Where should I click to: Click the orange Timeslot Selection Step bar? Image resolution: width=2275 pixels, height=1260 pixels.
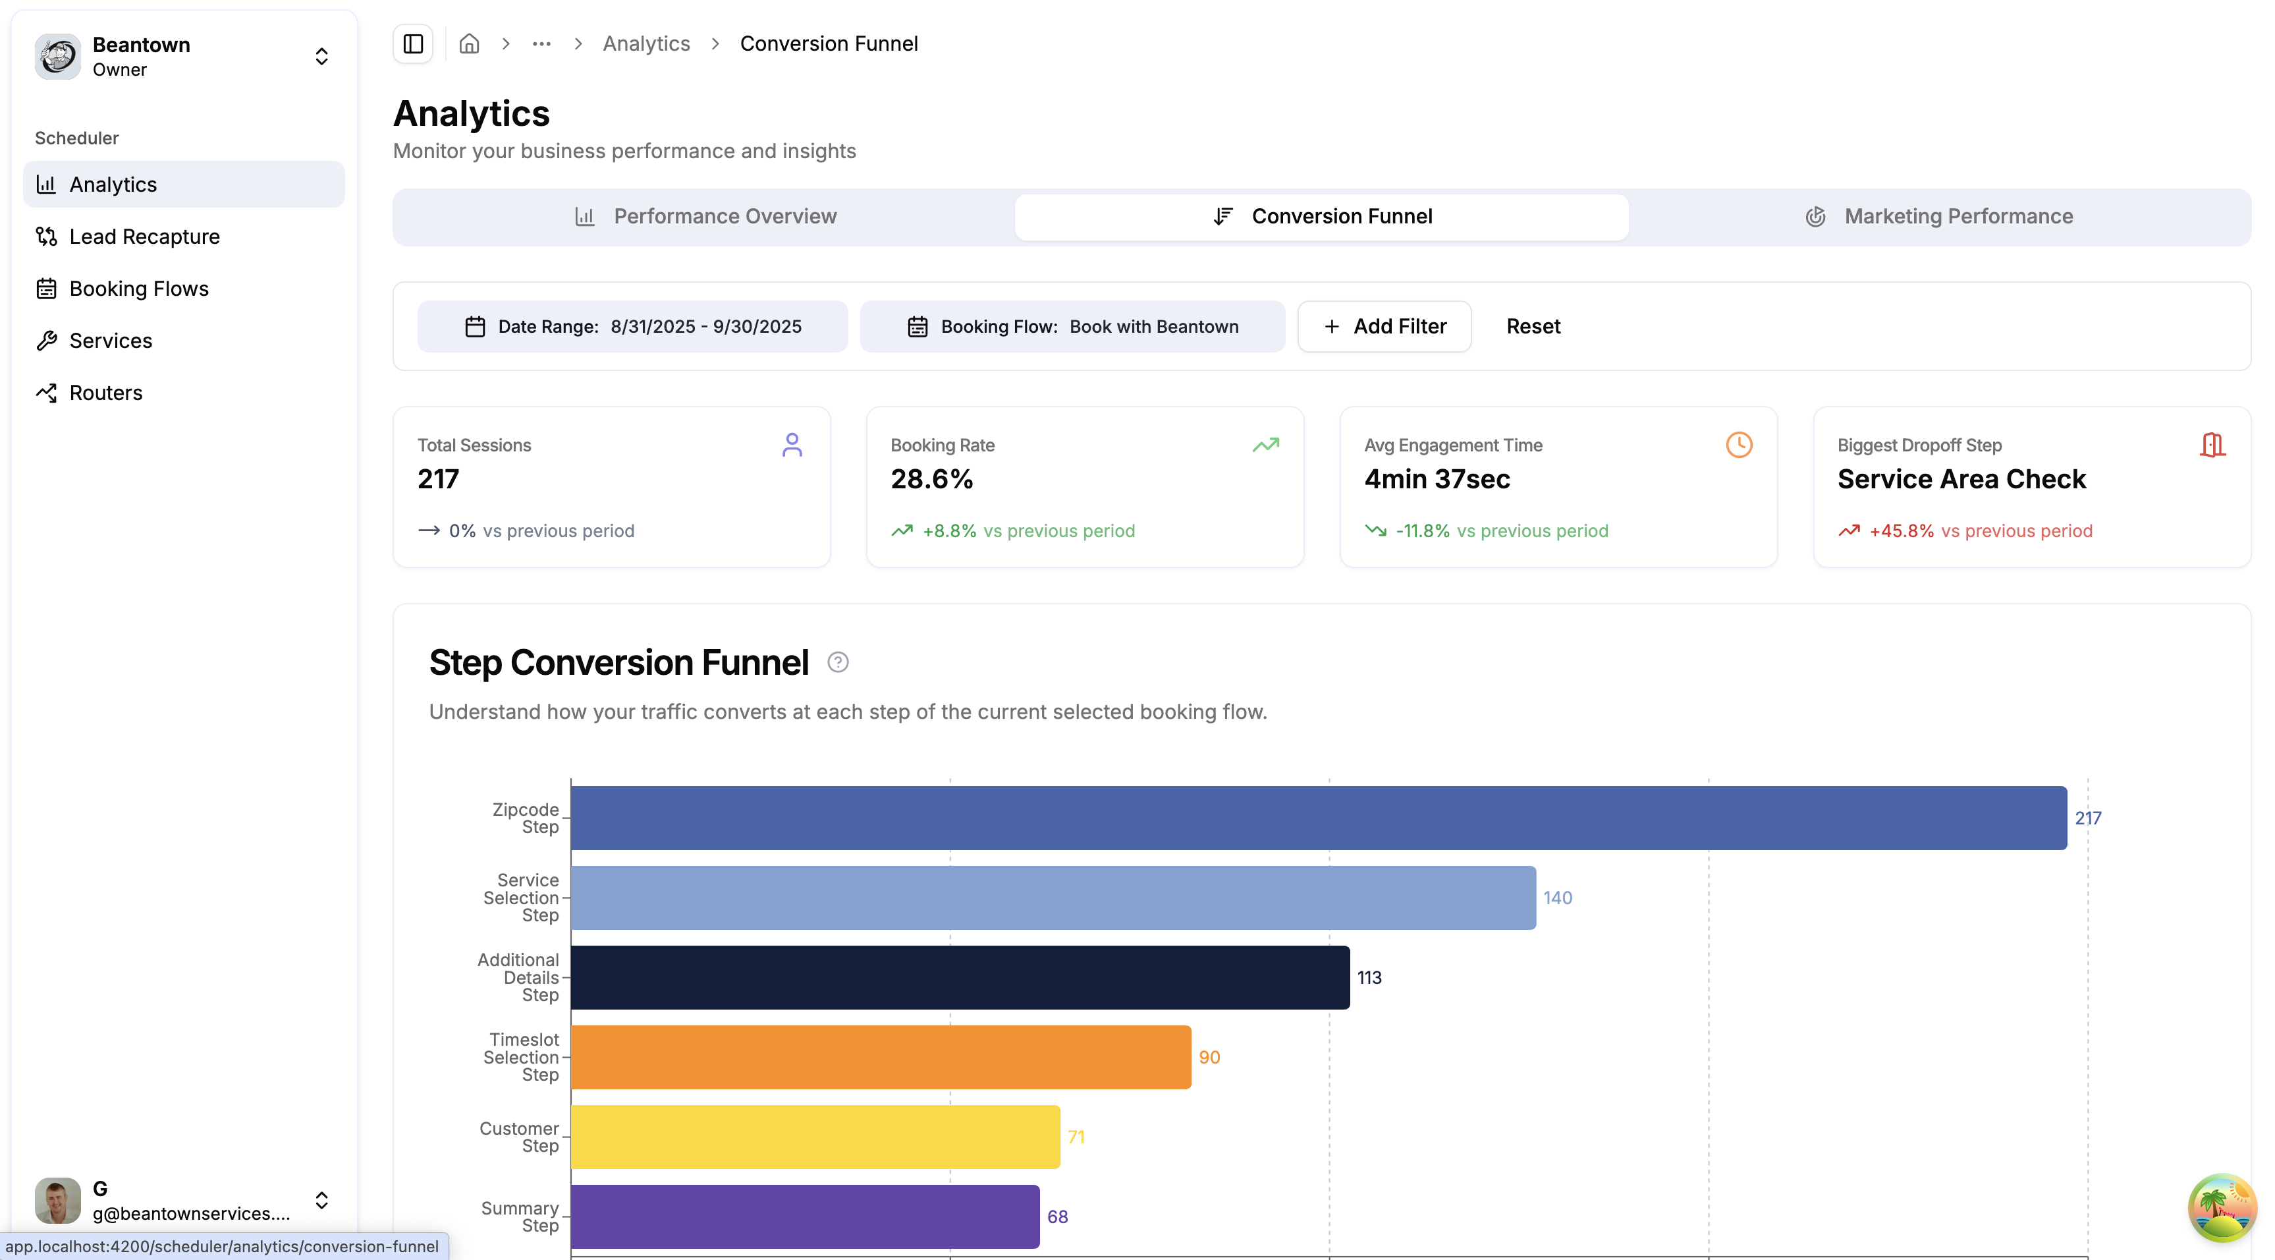click(x=881, y=1057)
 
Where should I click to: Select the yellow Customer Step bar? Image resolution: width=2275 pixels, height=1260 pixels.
click(x=815, y=1136)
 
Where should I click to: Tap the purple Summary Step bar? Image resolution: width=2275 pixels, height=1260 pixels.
click(x=805, y=1216)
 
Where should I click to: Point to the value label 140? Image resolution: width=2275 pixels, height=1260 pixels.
click(x=1557, y=898)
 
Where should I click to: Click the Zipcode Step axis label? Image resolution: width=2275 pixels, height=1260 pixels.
click(x=526, y=818)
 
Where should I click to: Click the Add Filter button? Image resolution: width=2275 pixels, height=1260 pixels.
click(x=1384, y=326)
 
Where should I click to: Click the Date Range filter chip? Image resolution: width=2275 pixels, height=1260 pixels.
click(x=632, y=326)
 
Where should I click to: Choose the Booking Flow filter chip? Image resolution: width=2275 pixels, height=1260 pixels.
click(x=1072, y=326)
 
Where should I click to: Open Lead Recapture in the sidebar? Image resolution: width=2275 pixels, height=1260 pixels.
click(x=144, y=237)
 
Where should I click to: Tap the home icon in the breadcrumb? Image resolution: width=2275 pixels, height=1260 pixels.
click(x=469, y=43)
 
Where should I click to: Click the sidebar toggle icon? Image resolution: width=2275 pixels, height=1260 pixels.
click(x=412, y=43)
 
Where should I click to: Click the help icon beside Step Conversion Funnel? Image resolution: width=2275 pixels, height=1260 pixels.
click(x=837, y=663)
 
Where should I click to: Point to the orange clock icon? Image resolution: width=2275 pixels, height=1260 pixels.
click(x=1738, y=444)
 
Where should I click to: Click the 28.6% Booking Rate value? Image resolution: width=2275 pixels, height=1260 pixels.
click(x=931, y=479)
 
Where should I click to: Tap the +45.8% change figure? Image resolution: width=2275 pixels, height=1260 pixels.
click(x=1900, y=531)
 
